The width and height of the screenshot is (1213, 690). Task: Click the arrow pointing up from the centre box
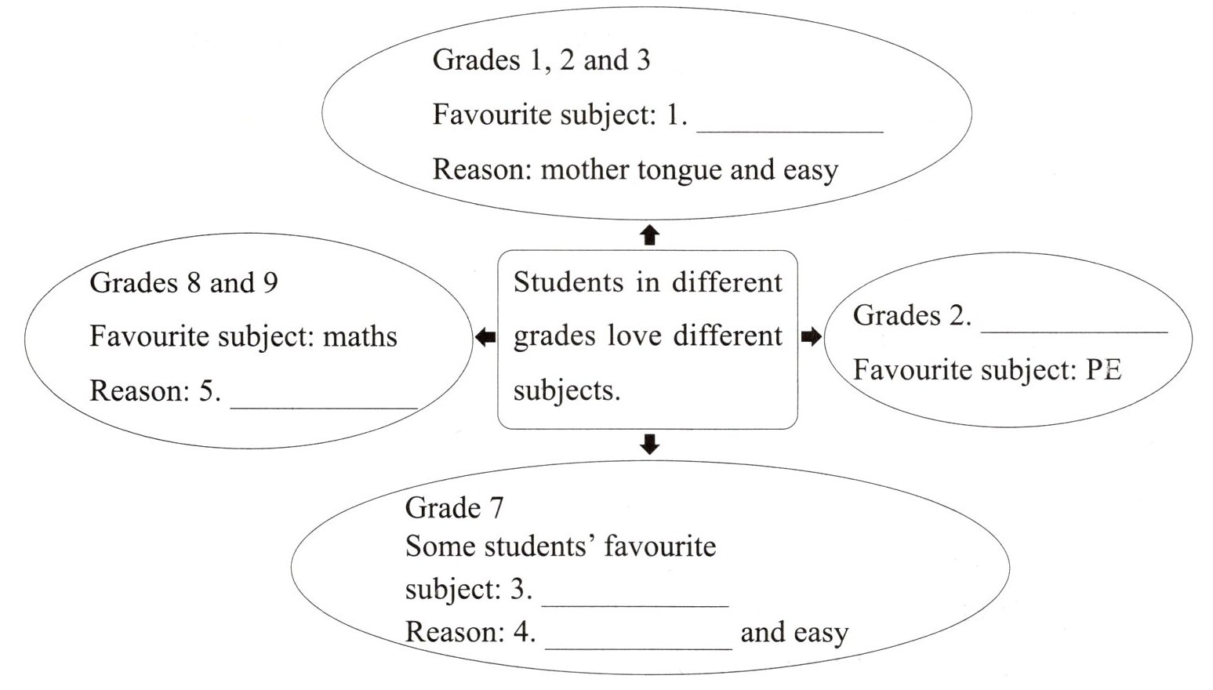click(x=649, y=234)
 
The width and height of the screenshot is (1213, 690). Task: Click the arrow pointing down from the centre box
click(x=649, y=445)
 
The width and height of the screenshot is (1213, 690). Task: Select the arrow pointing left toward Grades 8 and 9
click(x=485, y=338)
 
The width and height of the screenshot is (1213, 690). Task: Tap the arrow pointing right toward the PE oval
click(x=811, y=338)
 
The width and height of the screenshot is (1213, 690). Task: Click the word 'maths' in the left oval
click(x=360, y=337)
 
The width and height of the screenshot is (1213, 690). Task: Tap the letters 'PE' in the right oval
click(x=1103, y=370)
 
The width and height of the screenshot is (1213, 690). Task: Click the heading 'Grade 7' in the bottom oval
click(x=454, y=508)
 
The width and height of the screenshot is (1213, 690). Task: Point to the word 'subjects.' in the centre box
click(x=566, y=390)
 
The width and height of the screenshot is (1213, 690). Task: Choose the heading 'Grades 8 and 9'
click(x=183, y=283)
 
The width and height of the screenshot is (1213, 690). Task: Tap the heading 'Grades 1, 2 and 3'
click(x=541, y=60)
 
